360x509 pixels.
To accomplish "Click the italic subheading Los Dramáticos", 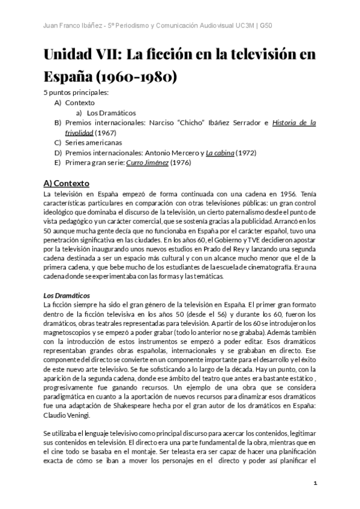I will click(67, 296).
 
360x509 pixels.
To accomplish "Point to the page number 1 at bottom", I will click(315, 483).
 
